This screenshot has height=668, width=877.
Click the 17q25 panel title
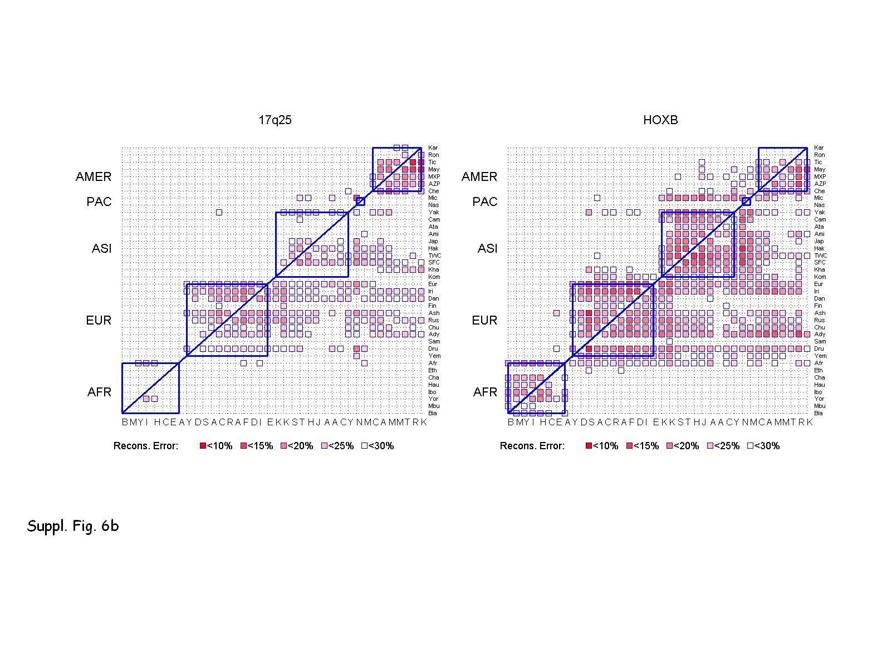(x=275, y=120)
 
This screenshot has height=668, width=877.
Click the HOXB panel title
(x=660, y=120)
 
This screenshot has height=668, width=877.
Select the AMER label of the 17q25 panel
(x=94, y=176)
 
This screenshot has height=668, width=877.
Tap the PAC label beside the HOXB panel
(x=484, y=202)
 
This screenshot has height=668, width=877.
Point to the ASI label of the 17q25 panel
(x=101, y=248)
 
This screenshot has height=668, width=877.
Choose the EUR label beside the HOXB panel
(x=484, y=320)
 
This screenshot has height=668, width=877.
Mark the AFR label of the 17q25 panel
(x=99, y=392)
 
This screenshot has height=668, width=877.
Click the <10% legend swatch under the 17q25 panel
(x=203, y=446)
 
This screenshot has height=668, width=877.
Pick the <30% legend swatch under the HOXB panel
(x=751, y=446)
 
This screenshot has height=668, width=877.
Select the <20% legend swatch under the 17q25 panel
(x=284, y=446)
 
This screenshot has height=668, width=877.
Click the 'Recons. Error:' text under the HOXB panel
(x=532, y=446)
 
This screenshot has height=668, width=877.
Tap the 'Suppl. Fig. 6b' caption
(x=73, y=526)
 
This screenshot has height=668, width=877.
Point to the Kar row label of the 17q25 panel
(x=433, y=148)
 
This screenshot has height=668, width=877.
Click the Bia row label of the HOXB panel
(x=819, y=413)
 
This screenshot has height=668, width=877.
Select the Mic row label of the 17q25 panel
(x=433, y=198)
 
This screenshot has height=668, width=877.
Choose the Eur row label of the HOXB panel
(x=819, y=284)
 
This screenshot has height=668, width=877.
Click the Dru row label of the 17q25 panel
(x=433, y=348)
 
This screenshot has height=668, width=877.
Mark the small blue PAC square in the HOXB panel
(x=746, y=202)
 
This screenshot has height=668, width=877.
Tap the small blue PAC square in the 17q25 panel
(x=360, y=202)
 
